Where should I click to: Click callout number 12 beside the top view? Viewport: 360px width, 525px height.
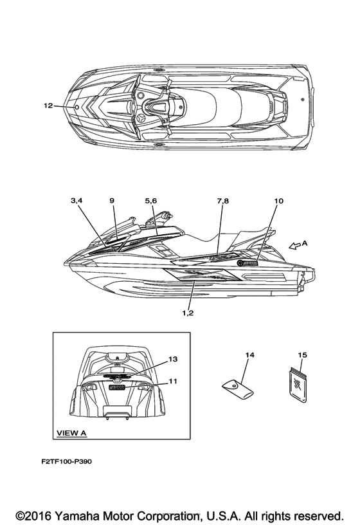(48, 106)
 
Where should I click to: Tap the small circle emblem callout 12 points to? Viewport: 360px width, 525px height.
(76, 107)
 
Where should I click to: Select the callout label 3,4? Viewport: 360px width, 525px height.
(76, 201)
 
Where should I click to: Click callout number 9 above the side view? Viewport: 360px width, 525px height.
(112, 201)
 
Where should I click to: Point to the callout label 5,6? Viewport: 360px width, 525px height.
(151, 201)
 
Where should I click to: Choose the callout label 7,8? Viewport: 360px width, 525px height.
(223, 201)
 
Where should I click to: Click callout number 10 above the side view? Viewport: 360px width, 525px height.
(279, 201)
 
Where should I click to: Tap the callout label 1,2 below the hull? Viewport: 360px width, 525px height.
(188, 313)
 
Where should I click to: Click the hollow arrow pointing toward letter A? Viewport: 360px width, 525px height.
(295, 246)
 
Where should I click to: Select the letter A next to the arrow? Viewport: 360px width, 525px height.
(305, 243)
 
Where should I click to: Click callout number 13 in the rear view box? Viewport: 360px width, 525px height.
(173, 359)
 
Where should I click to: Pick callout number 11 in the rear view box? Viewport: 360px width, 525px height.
(173, 381)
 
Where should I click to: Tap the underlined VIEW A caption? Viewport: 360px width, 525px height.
(71, 433)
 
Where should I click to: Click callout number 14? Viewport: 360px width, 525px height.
(249, 355)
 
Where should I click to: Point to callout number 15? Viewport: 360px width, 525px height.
(302, 355)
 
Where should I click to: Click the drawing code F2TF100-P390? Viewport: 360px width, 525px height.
(67, 461)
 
